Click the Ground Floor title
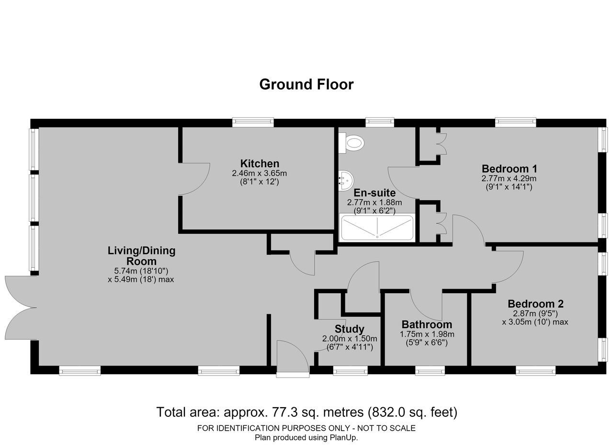point(306,84)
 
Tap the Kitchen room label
point(260,163)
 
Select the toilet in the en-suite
point(352,143)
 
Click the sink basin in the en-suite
point(346,181)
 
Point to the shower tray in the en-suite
point(377,228)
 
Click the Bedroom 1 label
point(509,169)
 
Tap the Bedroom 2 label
point(535,304)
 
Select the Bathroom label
point(427,324)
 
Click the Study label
point(350,329)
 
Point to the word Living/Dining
point(141,251)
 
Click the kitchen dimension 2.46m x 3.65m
point(260,173)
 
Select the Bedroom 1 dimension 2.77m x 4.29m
point(509,179)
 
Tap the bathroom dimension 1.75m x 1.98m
point(427,334)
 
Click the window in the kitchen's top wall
point(253,122)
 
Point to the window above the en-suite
point(380,122)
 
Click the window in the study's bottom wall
point(350,371)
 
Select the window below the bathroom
point(430,371)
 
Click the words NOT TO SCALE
point(386,428)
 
